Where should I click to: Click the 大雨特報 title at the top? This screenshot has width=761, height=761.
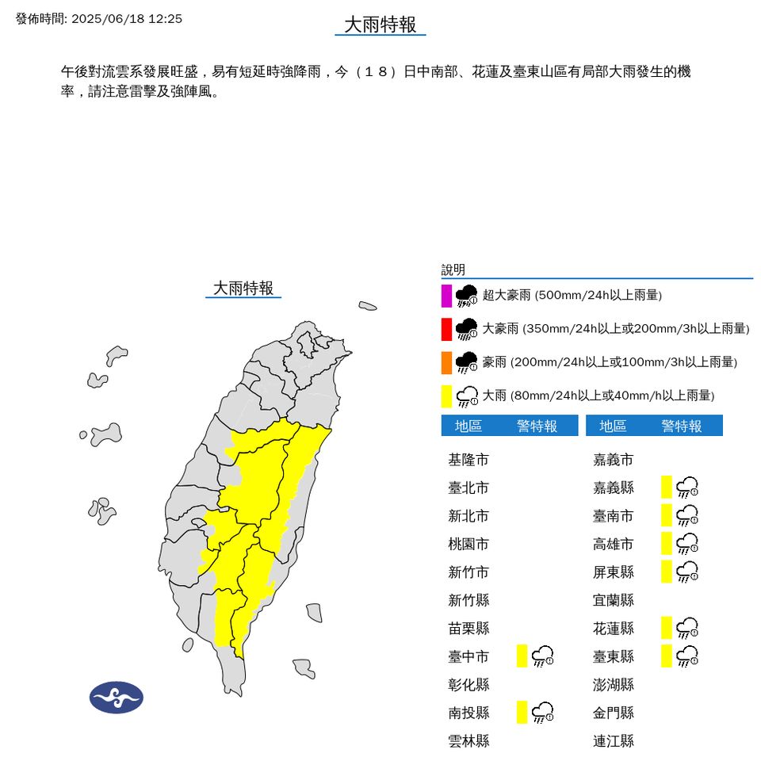pos(380,25)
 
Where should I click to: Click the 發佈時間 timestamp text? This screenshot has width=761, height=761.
pos(99,18)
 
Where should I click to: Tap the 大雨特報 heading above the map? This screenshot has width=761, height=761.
pos(243,288)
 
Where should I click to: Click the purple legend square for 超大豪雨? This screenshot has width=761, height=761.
pos(447,296)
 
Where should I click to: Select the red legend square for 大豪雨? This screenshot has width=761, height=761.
pos(447,329)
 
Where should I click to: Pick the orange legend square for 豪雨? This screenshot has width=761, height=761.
pos(447,362)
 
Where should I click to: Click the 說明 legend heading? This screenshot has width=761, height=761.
pos(453,270)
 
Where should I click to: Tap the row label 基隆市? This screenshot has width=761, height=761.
pos(468,460)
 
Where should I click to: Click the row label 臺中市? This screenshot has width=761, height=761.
pos(468,656)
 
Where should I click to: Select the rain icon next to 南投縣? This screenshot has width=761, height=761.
pos(543,712)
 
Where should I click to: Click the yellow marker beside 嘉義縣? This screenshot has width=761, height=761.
pos(667,488)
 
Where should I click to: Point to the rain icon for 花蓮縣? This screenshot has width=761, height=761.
pos(687,629)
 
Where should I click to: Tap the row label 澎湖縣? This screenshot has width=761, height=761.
pos(614,684)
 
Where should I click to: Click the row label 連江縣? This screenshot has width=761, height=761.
pos(614,741)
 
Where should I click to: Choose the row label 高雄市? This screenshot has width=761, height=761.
pos(614,544)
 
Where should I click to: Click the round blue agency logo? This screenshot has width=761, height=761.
pos(116,698)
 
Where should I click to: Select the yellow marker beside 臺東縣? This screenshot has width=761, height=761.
pos(667,656)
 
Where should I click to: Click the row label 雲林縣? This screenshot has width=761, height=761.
pos(468,741)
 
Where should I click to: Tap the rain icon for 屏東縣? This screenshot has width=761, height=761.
pos(687,572)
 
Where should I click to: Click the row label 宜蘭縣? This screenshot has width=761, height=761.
pos(614,600)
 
